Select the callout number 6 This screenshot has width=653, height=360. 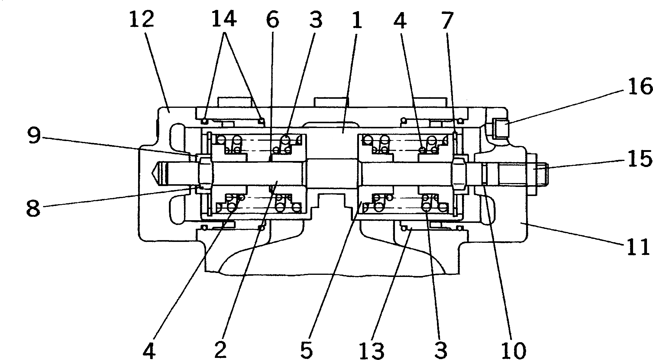coord(273,20)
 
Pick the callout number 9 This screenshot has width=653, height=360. coord(34,136)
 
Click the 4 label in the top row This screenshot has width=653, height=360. coord(400,20)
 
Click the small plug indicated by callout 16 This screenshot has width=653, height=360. coord(500,128)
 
